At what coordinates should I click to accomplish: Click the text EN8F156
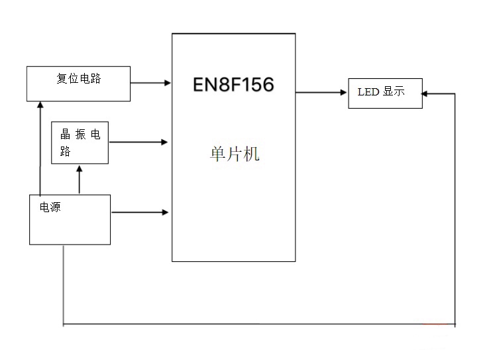(233, 85)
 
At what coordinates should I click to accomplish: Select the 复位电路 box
(78, 84)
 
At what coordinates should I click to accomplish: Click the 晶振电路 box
(80, 143)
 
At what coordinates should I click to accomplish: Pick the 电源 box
(70, 219)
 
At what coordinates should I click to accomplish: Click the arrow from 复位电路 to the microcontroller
(150, 83)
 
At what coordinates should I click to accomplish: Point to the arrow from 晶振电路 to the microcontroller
(138, 142)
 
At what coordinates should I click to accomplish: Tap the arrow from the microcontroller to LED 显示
(321, 93)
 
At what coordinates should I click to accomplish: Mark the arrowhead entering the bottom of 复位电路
(40, 105)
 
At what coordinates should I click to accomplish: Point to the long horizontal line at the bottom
(258, 324)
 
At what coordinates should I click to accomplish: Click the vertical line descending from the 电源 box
(64, 285)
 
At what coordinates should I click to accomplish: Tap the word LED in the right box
(368, 92)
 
